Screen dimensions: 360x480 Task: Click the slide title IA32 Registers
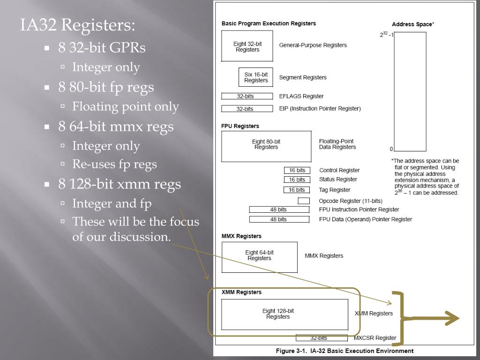click(77, 25)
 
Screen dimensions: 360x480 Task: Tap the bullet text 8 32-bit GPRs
click(102, 48)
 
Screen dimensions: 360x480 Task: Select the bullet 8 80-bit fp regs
click(106, 87)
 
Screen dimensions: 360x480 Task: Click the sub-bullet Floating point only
click(125, 107)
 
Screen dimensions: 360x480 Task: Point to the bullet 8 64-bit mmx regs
click(116, 127)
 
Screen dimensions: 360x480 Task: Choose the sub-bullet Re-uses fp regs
click(114, 164)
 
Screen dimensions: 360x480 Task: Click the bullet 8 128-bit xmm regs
click(120, 184)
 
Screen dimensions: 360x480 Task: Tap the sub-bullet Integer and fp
click(112, 203)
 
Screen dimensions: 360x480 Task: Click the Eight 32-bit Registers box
click(247, 46)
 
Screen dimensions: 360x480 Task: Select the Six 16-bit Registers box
click(256, 77)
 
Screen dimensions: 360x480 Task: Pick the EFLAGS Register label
click(301, 96)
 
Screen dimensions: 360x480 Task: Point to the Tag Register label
click(335, 190)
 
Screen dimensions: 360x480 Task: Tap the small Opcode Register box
click(304, 201)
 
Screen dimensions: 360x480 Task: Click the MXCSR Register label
click(375, 337)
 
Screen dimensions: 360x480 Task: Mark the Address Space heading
click(412, 24)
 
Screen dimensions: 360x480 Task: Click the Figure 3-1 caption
click(345, 351)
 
